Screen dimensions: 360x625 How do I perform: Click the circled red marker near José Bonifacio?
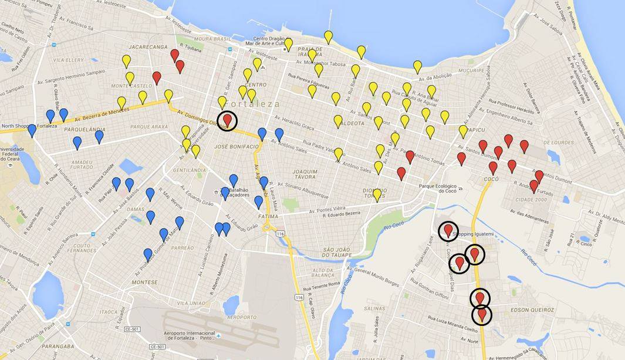(x=228, y=120)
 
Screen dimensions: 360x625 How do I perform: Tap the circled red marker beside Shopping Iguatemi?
(x=449, y=231)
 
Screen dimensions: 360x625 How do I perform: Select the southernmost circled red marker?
(x=482, y=315)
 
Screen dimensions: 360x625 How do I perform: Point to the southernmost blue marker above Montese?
(x=148, y=255)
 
